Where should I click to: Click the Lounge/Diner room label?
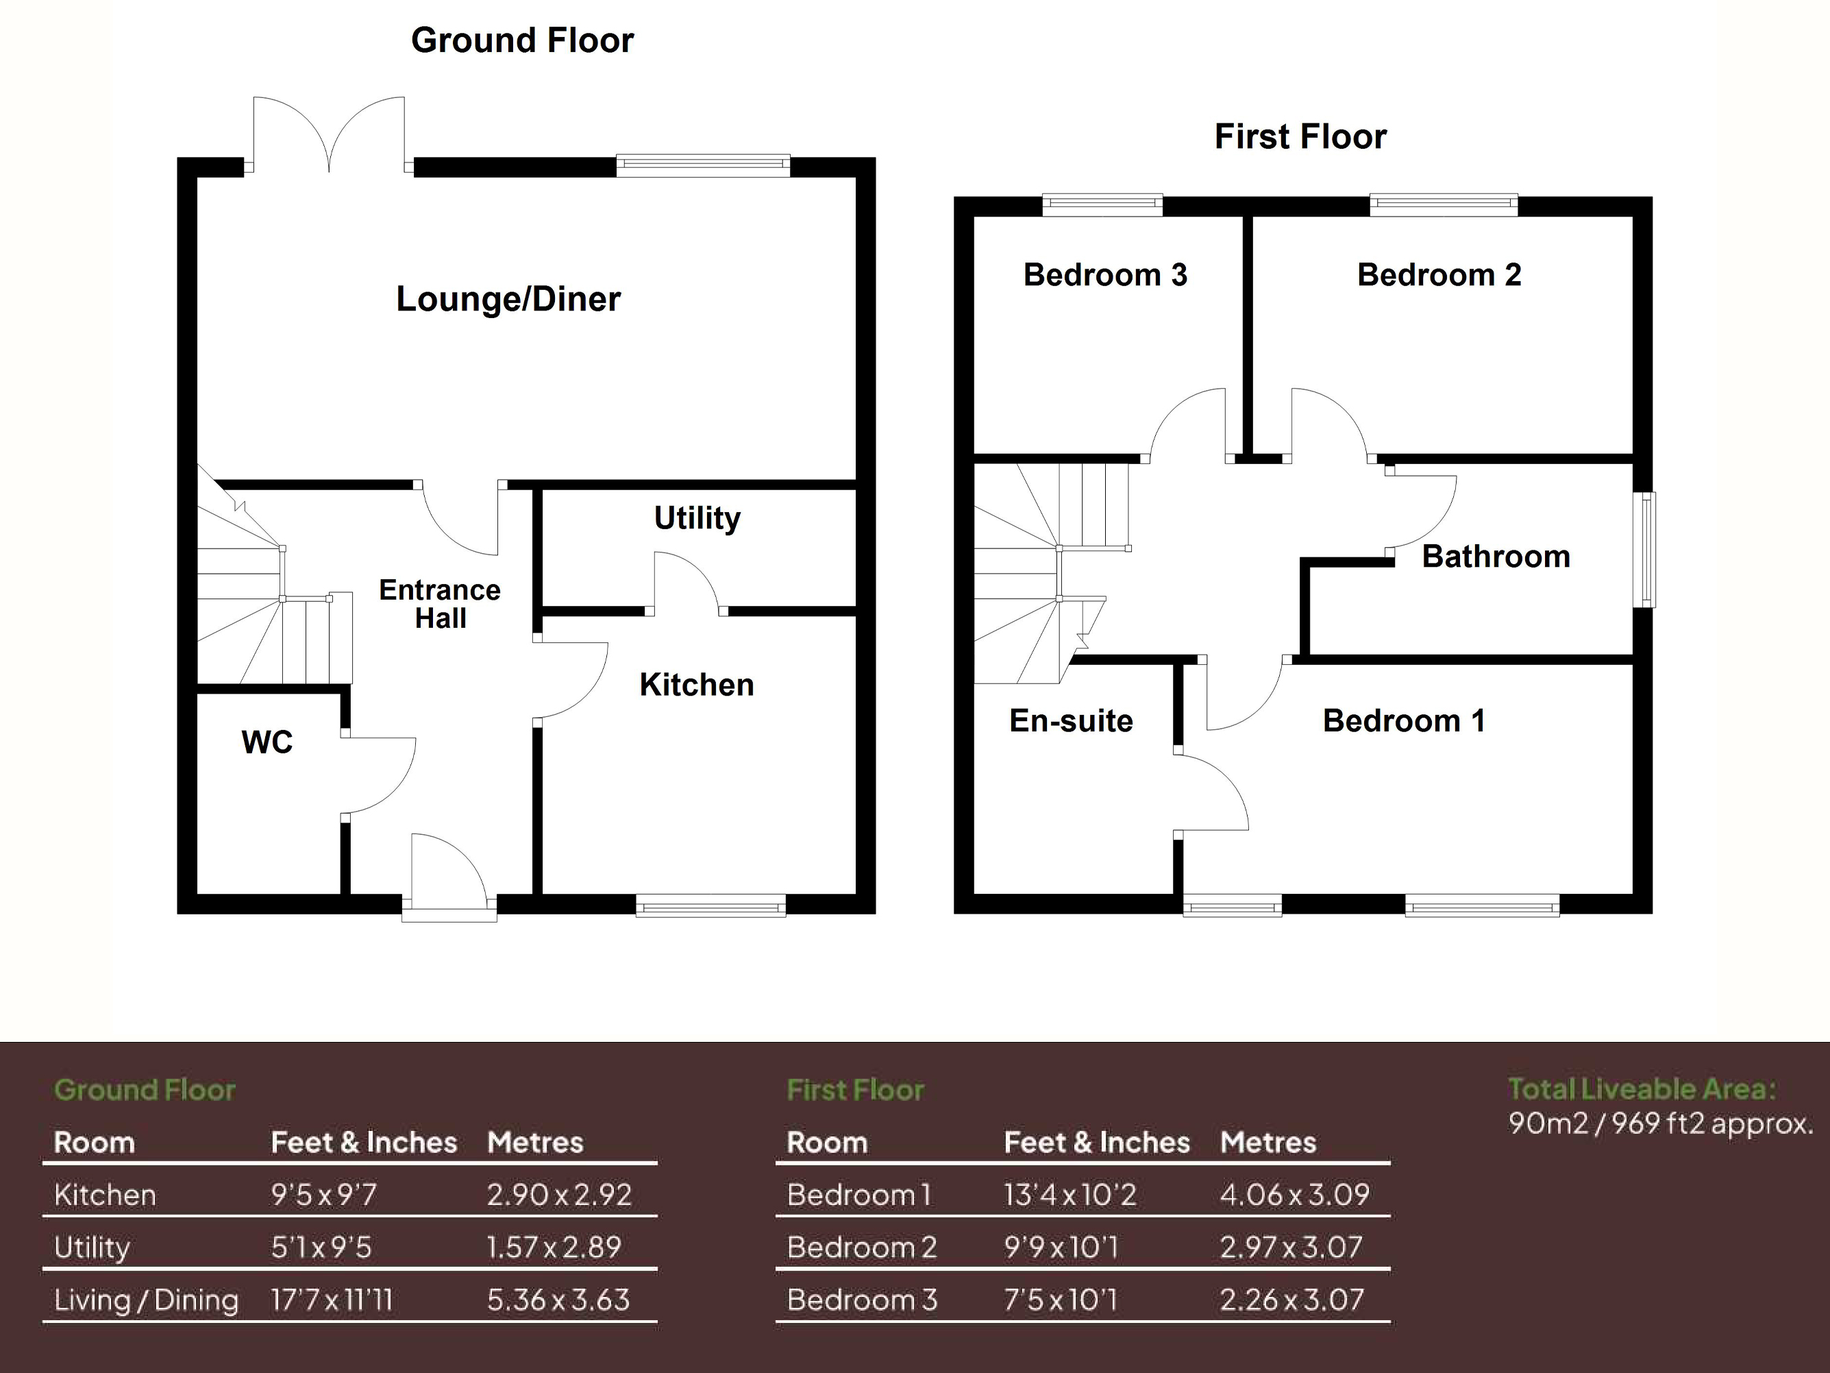(x=508, y=299)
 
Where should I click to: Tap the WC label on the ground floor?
(x=267, y=742)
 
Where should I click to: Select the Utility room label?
(x=697, y=518)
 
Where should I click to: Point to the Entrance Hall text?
(x=440, y=604)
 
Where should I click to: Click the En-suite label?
(x=1071, y=721)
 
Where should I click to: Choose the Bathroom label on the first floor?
(x=1496, y=556)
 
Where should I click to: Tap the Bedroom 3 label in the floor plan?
(x=1104, y=275)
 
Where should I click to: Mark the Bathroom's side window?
(x=1648, y=550)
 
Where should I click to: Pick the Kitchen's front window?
(x=710, y=908)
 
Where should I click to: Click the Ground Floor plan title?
(x=522, y=40)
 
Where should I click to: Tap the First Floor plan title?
(x=1300, y=136)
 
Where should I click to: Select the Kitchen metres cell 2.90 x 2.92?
(x=558, y=1194)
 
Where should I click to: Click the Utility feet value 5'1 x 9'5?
(x=321, y=1247)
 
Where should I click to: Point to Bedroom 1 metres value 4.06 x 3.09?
(x=1294, y=1194)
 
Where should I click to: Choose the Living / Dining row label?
(x=147, y=1300)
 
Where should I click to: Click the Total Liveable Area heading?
(x=1642, y=1089)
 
